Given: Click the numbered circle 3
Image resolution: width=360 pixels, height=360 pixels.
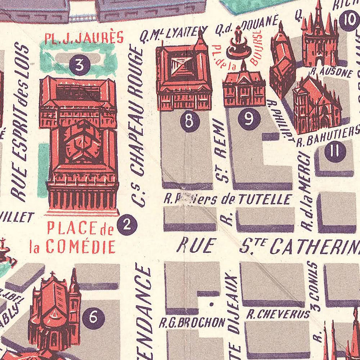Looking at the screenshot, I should [x=80, y=65].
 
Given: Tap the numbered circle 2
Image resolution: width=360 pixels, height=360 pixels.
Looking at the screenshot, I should [x=127, y=225].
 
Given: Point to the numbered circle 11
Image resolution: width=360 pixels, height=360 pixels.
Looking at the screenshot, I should [x=335, y=152].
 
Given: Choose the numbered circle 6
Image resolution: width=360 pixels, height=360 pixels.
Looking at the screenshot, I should [x=93, y=318].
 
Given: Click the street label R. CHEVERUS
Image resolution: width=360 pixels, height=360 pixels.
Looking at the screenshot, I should [x=278, y=314].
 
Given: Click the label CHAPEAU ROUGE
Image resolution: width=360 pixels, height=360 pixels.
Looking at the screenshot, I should [x=138, y=112].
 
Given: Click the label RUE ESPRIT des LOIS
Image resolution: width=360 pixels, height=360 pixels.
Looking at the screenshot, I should [x=21, y=122].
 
